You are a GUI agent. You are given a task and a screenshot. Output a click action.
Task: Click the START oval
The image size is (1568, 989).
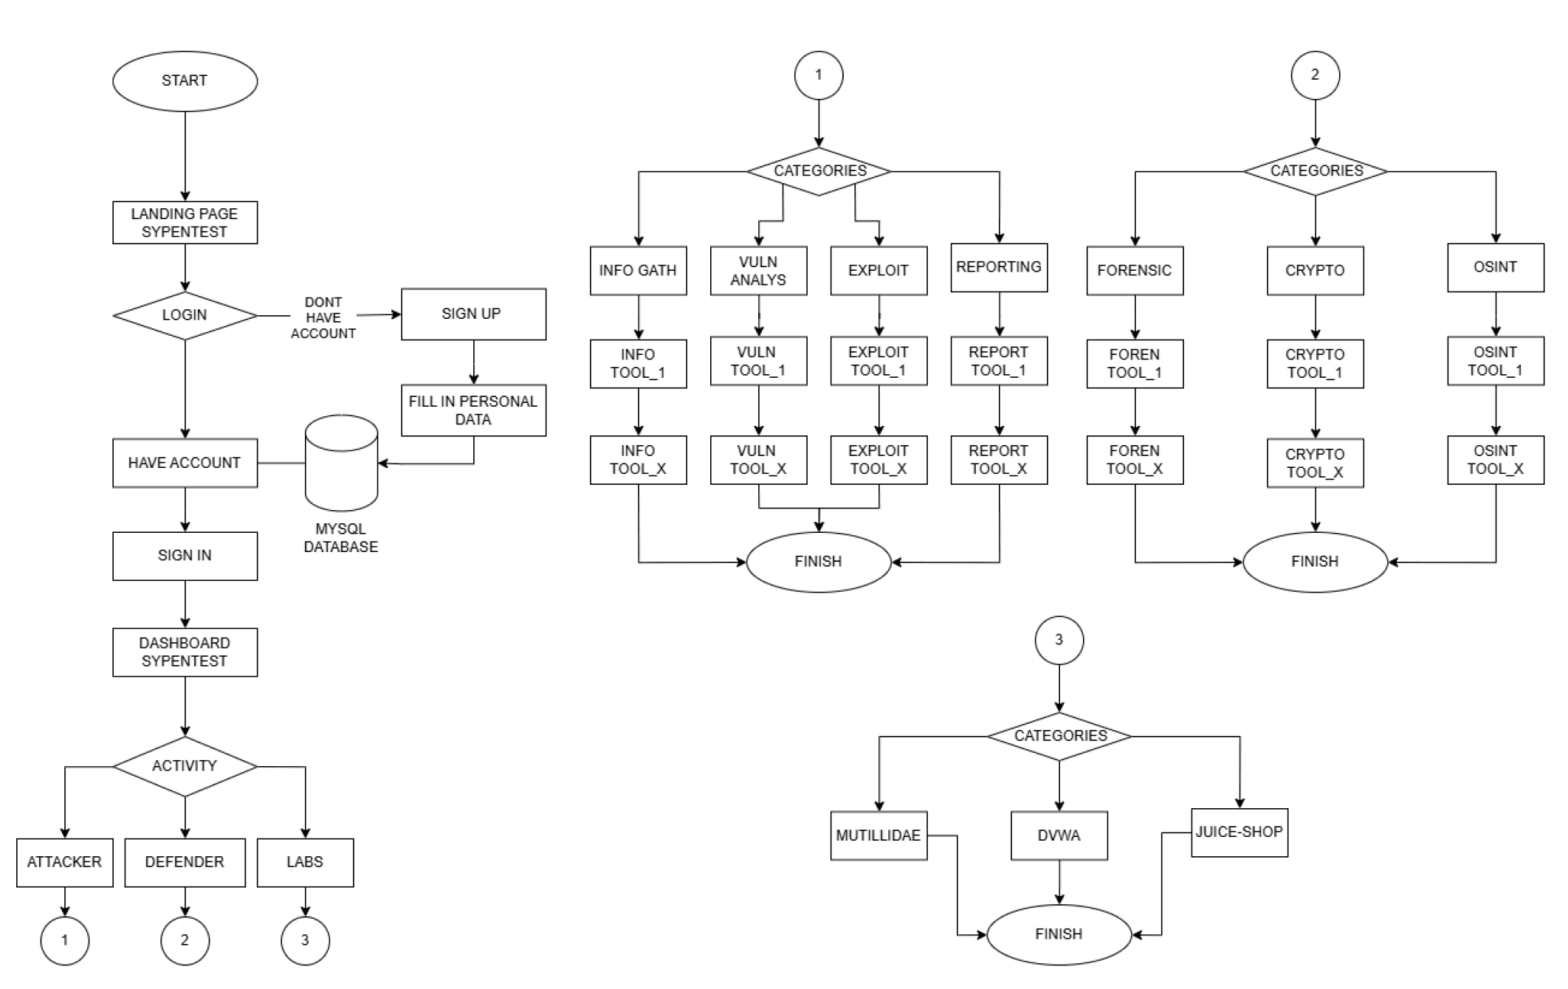(185, 81)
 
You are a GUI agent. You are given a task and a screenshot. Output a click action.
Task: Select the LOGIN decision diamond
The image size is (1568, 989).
(185, 315)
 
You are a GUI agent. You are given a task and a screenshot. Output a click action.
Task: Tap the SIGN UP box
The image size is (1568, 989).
(473, 314)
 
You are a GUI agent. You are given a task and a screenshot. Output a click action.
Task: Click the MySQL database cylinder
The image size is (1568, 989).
(341, 463)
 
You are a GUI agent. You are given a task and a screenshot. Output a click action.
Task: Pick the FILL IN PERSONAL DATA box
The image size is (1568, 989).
(473, 410)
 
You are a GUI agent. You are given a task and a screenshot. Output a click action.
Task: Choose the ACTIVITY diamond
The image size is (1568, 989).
(185, 766)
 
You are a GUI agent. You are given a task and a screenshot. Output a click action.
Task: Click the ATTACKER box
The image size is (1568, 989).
(65, 862)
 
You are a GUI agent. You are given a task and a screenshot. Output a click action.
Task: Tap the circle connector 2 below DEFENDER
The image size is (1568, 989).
(185, 940)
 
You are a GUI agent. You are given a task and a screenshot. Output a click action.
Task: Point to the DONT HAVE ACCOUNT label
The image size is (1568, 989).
(323, 318)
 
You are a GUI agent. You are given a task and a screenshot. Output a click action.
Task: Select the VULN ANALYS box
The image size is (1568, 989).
(758, 271)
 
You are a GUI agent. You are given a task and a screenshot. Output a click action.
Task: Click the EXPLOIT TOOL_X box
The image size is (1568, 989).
(878, 460)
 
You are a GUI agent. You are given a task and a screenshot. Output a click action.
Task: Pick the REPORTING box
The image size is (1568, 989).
(999, 267)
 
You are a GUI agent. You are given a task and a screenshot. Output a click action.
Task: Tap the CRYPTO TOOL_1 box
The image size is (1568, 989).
(1315, 364)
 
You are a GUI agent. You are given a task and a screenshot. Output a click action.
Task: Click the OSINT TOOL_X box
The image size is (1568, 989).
(1496, 460)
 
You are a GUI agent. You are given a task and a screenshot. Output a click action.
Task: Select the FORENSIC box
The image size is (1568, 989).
(1135, 271)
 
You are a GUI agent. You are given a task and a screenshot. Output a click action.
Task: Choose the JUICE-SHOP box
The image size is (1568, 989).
(1239, 833)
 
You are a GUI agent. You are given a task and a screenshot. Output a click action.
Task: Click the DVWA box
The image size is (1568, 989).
(1059, 835)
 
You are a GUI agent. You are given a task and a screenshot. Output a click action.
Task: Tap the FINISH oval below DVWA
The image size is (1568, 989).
(1059, 934)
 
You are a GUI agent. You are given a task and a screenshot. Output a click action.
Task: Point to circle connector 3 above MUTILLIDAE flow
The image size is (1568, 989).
(1059, 640)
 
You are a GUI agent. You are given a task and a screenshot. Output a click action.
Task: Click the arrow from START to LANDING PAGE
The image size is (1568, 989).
(185, 156)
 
